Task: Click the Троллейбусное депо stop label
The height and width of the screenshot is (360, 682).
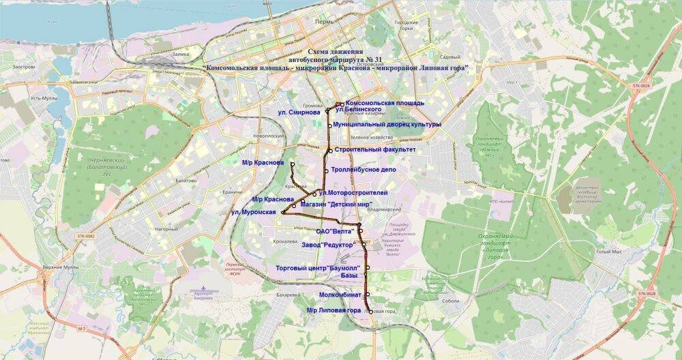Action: click(364, 170)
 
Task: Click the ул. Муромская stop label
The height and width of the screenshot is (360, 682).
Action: click(253, 213)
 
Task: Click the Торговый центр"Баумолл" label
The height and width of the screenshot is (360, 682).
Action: click(318, 268)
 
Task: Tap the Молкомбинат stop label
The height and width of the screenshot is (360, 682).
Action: click(340, 295)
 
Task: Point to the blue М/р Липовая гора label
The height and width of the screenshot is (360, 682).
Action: click(333, 311)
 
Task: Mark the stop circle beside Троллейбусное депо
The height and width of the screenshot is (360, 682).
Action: click(327, 170)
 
